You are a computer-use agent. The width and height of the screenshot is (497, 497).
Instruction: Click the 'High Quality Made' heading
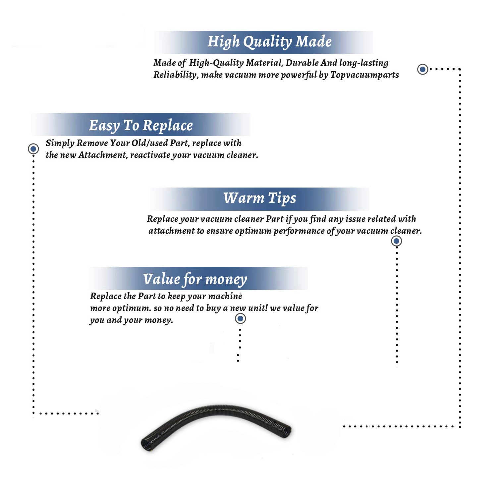[269, 42]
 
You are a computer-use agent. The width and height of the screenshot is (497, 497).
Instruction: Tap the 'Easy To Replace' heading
[141, 126]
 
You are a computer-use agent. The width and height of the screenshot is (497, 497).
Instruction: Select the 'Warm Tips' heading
[259, 198]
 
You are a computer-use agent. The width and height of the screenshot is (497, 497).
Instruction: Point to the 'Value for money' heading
[195, 279]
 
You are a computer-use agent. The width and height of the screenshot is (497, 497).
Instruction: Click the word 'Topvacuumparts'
[364, 75]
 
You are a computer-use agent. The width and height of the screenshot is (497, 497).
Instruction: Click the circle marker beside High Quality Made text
[422, 69]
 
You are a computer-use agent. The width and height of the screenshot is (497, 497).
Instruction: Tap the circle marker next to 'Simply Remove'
[33, 149]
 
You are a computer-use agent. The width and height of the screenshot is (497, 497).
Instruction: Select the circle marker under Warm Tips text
[396, 241]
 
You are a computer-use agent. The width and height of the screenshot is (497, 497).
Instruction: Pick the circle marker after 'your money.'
[240, 319]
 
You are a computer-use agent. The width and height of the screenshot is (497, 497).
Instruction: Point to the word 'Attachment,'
[103, 155]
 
